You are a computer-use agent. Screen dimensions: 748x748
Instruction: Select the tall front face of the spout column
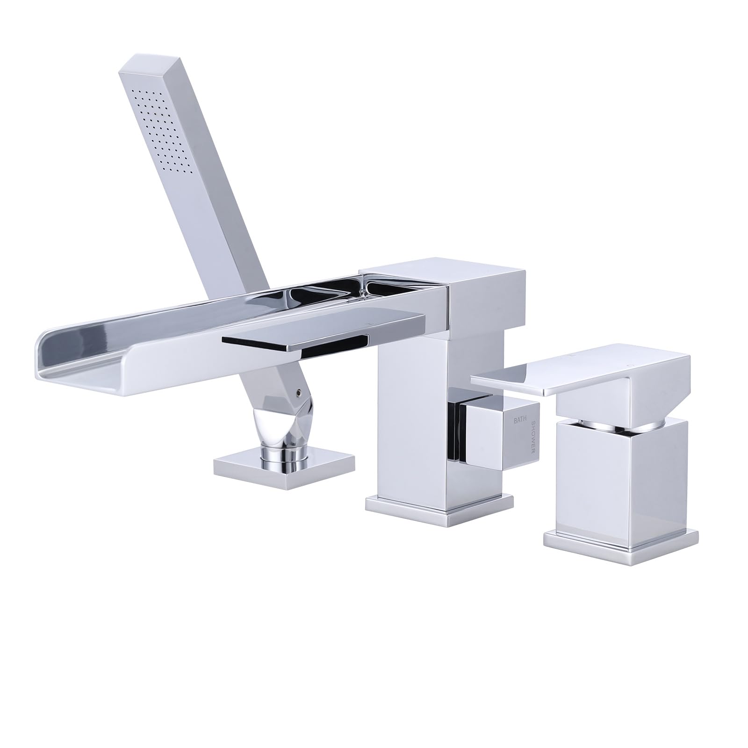[x=411, y=421]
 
